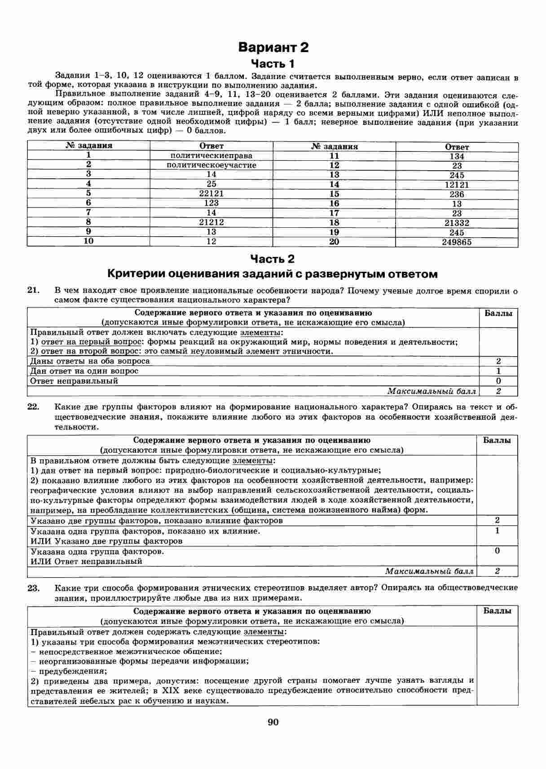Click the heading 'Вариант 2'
(273, 47)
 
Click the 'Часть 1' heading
(273, 63)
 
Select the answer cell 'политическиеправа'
(211, 155)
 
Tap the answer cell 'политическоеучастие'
(211, 165)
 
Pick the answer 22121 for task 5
(211, 193)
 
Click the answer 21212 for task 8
(211, 222)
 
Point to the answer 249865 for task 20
(457, 243)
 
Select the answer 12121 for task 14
(457, 185)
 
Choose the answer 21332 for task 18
(457, 223)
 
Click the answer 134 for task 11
(457, 156)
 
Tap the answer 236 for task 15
(457, 194)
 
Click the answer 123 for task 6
(211, 203)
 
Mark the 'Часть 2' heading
(273, 259)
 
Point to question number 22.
(34, 407)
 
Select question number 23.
(34, 588)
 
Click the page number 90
(273, 722)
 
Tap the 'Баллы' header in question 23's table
(498, 611)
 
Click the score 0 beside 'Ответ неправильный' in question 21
(498, 381)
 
